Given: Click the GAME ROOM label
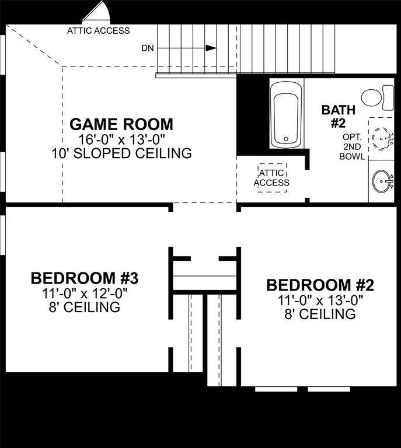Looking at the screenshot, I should point(121,124).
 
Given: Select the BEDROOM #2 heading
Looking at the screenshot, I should point(320,285).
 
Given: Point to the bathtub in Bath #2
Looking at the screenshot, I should point(286,114).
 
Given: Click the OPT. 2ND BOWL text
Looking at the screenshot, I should point(353,146).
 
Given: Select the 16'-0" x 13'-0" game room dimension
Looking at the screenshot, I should point(121,139).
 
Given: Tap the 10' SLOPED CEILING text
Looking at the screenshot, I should point(121,153).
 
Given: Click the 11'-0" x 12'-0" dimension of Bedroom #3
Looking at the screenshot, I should point(84,292).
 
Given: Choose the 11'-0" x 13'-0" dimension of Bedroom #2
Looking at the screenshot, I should point(320,300).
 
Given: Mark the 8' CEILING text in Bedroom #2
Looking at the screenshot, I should point(320,314).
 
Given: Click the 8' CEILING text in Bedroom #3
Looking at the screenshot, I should point(84,306).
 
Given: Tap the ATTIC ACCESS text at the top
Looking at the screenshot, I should point(99,30).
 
